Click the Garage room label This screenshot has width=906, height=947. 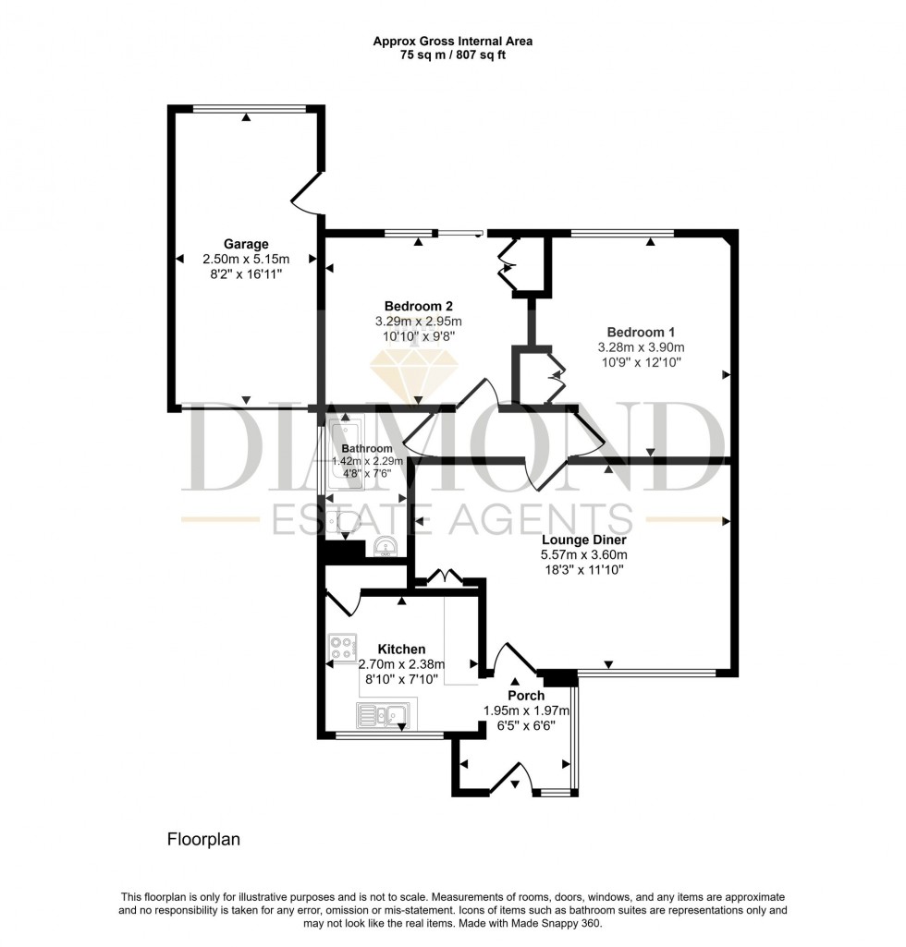click(x=246, y=244)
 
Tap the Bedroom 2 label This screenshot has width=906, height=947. click(x=418, y=306)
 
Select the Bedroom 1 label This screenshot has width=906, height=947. click(x=641, y=332)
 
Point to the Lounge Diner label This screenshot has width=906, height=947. click(x=583, y=540)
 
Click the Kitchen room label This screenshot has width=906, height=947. click(x=401, y=649)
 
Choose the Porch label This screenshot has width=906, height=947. click(x=526, y=695)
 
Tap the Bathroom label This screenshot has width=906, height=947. click(x=367, y=449)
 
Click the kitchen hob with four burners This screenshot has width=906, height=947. click(x=342, y=645)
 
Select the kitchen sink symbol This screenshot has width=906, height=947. click(x=383, y=714)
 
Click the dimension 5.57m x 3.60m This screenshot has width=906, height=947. click(x=583, y=555)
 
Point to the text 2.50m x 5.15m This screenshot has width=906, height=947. click(x=246, y=259)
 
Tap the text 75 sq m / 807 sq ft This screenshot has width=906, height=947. click(x=452, y=55)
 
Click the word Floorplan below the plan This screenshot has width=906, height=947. click(x=202, y=840)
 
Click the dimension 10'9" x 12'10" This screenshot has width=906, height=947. click(x=641, y=362)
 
